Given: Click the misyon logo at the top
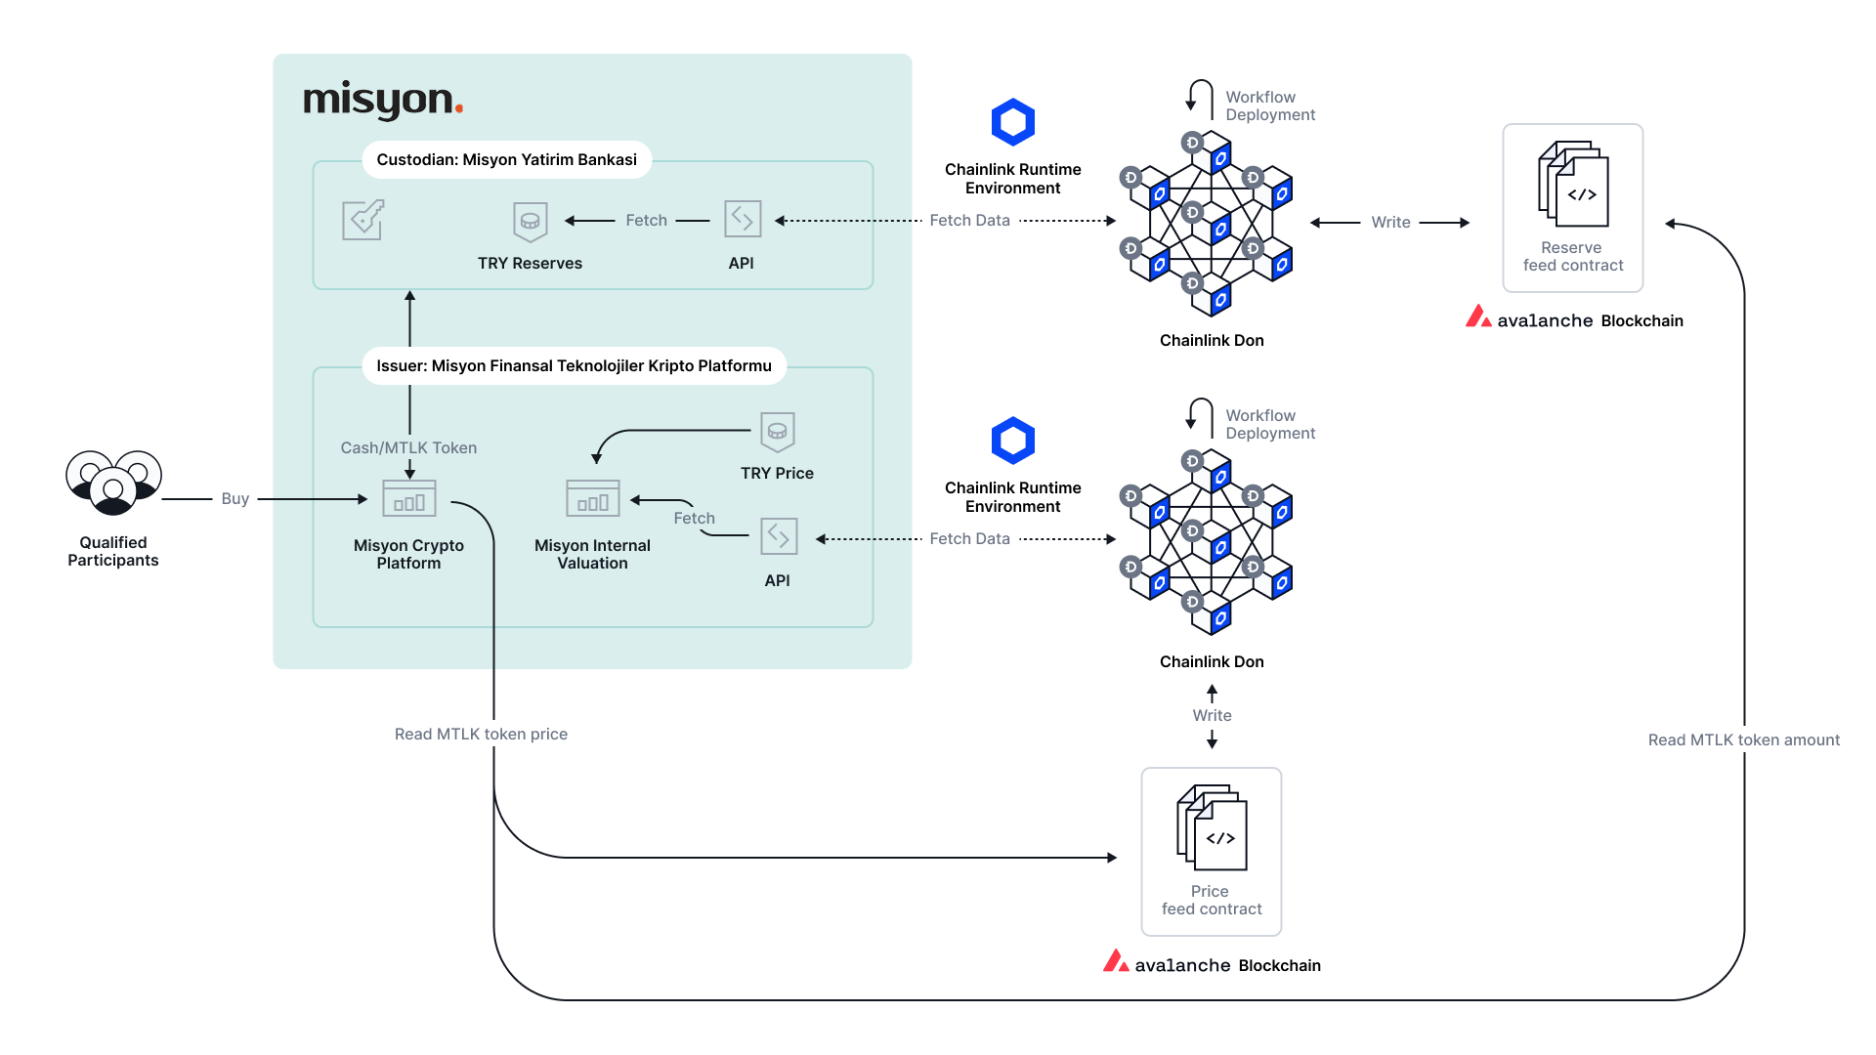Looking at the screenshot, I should point(383,101).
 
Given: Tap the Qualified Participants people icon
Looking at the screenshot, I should point(113,482).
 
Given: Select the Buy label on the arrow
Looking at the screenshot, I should point(234,499).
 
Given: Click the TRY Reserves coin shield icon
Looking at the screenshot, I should point(530,222).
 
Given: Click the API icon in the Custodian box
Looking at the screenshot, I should point(743,219).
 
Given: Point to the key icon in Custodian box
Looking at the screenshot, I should point(362,220).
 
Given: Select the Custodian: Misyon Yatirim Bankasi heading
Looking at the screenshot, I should point(506,160).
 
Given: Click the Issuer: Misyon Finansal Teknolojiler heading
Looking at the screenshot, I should point(574,366).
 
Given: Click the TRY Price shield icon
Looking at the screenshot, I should point(777,432).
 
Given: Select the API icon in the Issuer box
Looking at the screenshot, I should point(779,536).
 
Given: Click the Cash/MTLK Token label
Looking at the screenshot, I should point(408,448).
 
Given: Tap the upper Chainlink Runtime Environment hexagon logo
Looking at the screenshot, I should point(1012,123).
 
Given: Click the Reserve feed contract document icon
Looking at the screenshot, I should point(1573,185).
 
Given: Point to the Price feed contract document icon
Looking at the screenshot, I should point(1212,827).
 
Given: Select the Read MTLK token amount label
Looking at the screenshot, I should point(1743,740).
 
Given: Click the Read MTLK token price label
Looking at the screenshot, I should point(481,735).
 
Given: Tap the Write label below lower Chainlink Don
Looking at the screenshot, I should point(1212,716).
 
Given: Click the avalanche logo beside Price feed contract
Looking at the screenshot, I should point(1116,962).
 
